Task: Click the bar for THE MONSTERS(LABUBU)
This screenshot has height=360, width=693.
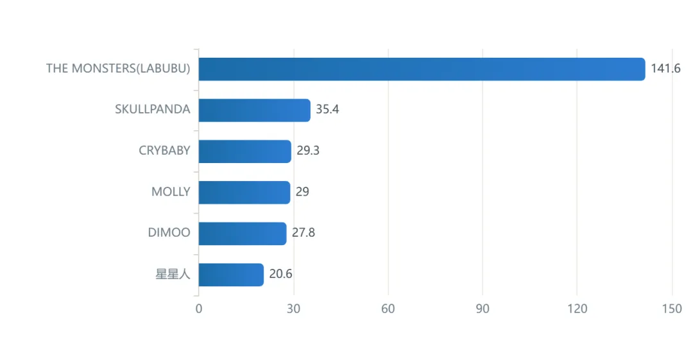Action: [x=422, y=69]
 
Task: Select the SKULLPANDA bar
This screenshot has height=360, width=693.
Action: [x=255, y=110]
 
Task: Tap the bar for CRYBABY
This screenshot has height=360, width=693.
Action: [x=245, y=151]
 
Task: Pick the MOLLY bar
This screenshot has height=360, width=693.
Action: [x=244, y=193]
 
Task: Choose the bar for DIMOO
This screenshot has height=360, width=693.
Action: [x=243, y=234]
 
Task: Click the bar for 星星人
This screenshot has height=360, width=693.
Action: [x=231, y=275]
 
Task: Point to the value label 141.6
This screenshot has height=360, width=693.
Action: [x=665, y=69]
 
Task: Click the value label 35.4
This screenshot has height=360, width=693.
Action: [x=327, y=109]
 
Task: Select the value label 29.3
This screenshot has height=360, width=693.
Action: [x=308, y=150]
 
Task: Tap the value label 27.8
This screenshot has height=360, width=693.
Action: [x=304, y=233]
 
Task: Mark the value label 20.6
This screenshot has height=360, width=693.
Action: [x=280, y=274]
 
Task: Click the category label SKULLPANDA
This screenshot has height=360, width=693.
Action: [x=153, y=109]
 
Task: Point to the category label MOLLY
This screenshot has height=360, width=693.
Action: [x=171, y=191]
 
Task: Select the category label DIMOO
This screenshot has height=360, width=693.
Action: [x=169, y=233]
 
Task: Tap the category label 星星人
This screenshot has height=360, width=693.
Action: [x=173, y=274]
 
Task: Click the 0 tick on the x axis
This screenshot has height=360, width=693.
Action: [x=199, y=309]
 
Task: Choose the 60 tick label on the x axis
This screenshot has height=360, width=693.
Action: [x=388, y=309]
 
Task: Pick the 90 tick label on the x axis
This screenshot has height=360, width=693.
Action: [x=483, y=309]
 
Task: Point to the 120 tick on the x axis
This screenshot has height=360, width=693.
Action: [x=577, y=309]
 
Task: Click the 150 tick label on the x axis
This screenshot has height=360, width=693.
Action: [x=672, y=309]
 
